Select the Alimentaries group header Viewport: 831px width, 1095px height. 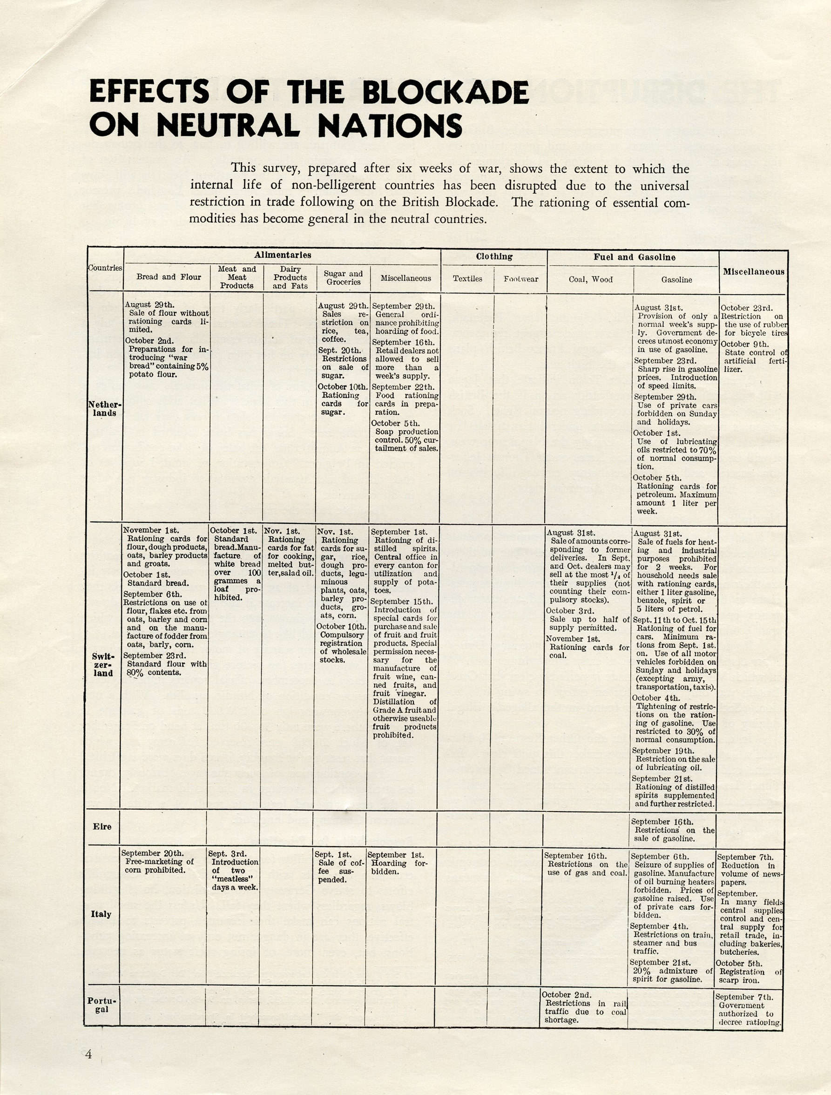point(283,256)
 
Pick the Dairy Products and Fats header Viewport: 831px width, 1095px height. point(290,278)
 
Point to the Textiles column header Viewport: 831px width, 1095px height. point(467,279)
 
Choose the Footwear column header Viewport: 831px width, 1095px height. point(520,279)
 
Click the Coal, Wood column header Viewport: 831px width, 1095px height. point(590,279)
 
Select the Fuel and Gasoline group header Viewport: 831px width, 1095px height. point(635,257)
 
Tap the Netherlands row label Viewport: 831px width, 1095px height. point(104,408)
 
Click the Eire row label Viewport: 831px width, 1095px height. point(102,826)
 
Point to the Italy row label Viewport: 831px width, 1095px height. point(101,914)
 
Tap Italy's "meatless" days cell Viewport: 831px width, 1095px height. point(233,870)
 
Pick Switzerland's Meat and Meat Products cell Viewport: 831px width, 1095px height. point(235,564)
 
